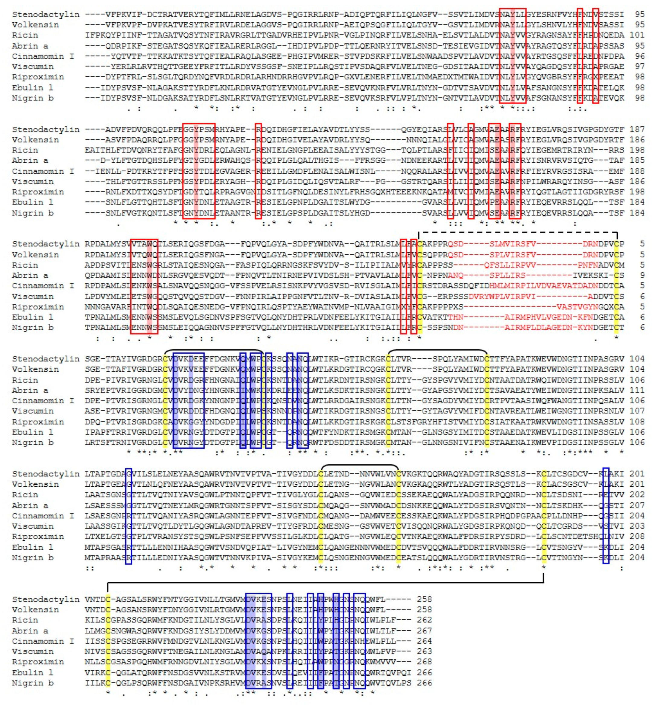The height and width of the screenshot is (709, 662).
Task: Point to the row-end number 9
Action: point(642,275)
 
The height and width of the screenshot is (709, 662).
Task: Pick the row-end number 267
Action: point(424,631)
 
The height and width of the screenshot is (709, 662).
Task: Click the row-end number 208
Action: point(637,536)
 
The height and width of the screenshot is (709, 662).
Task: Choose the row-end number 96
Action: point(640,56)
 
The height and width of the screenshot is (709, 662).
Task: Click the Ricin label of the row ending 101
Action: point(25,35)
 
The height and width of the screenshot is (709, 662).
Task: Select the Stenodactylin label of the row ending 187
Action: point(46,129)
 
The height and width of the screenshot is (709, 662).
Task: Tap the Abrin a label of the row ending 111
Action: point(30,390)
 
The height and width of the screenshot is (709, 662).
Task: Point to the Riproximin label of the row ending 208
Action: point(38,536)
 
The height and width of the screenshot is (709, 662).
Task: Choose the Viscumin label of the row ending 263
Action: point(33,652)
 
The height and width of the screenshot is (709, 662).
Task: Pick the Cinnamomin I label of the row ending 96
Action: point(43,56)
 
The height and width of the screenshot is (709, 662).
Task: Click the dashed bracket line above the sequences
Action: point(517,233)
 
